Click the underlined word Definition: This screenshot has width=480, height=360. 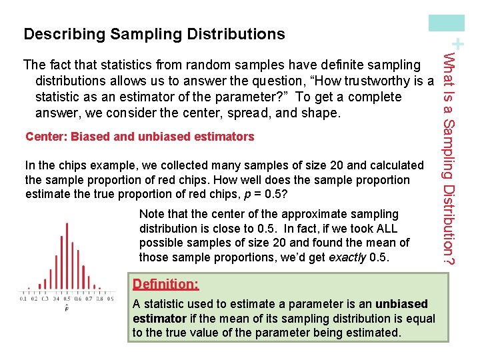point(165,284)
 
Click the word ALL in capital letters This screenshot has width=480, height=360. point(385,229)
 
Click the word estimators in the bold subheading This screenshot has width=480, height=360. point(225,137)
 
